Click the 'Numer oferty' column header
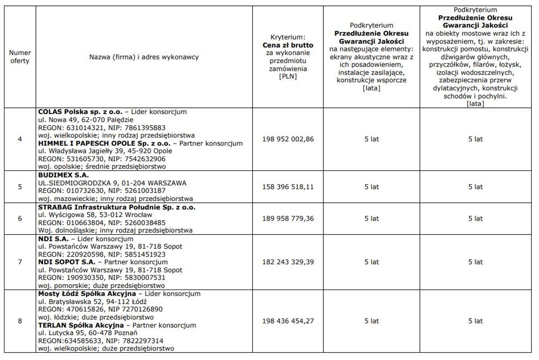(20, 57)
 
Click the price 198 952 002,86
(288, 139)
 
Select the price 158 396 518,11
(288, 187)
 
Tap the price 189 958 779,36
(288, 218)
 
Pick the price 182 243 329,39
(288, 262)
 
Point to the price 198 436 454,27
(288, 321)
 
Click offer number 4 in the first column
(20, 139)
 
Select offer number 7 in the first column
(20, 262)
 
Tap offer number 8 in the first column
(20, 321)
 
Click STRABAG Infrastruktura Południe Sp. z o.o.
(117, 207)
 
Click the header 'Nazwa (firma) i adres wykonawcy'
(144, 57)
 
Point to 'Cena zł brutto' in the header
(288, 45)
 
